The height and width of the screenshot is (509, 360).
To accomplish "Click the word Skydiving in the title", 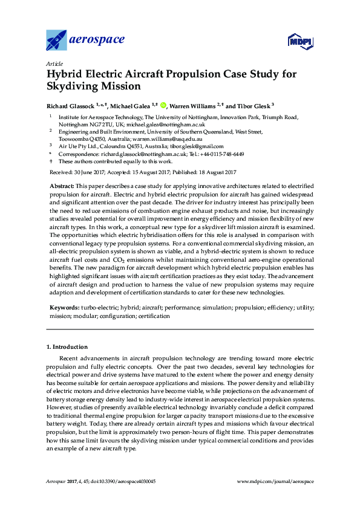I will click(x=73, y=86).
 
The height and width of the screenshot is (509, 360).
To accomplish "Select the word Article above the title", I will click(x=54, y=63).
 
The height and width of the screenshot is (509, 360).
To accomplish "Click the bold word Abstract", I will click(x=61, y=184).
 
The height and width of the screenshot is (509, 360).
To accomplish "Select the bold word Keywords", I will click(x=64, y=308).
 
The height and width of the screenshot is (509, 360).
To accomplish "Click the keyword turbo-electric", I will click(x=99, y=308).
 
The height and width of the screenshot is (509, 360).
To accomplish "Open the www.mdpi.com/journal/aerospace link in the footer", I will click(x=275, y=481).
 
